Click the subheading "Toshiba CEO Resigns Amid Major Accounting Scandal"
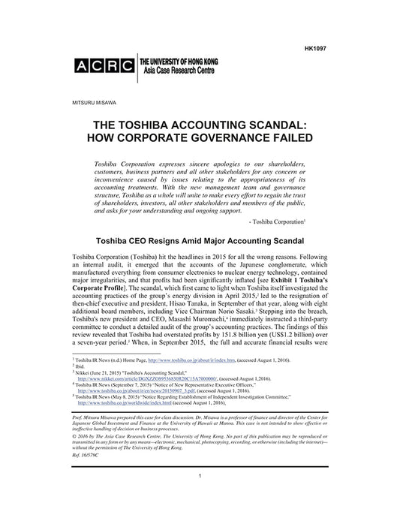point(200,242)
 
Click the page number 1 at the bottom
point(200,498)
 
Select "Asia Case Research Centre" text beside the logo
point(177,68)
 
